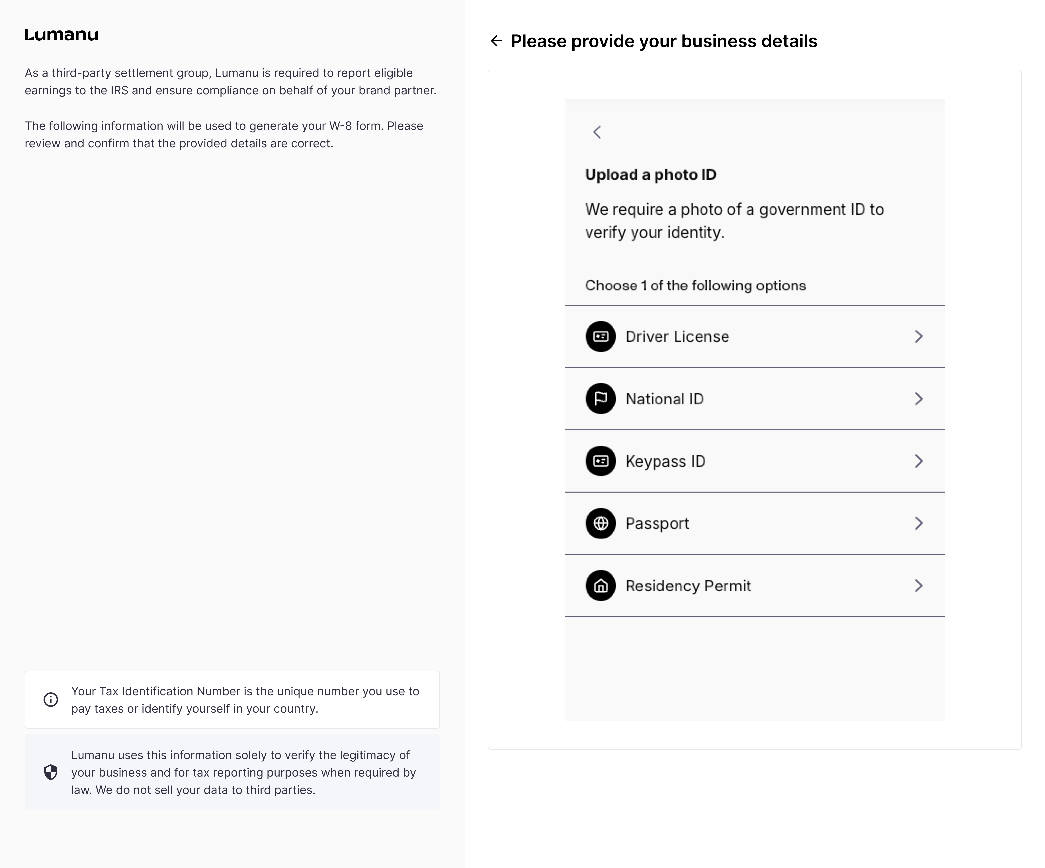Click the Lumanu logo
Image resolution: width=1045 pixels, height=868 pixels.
click(61, 35)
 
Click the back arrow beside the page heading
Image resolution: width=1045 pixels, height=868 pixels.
click(496, 41)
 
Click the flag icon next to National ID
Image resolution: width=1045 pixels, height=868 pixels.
click(601, 399)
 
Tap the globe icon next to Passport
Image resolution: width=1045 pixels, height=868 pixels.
click(601, 523)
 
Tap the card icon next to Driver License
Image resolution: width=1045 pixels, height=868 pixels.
click(601, 336)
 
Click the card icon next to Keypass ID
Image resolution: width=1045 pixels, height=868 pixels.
click(601, 461)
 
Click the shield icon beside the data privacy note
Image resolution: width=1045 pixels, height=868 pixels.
click(51, 772)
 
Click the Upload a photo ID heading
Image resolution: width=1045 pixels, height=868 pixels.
click(650, 175)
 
